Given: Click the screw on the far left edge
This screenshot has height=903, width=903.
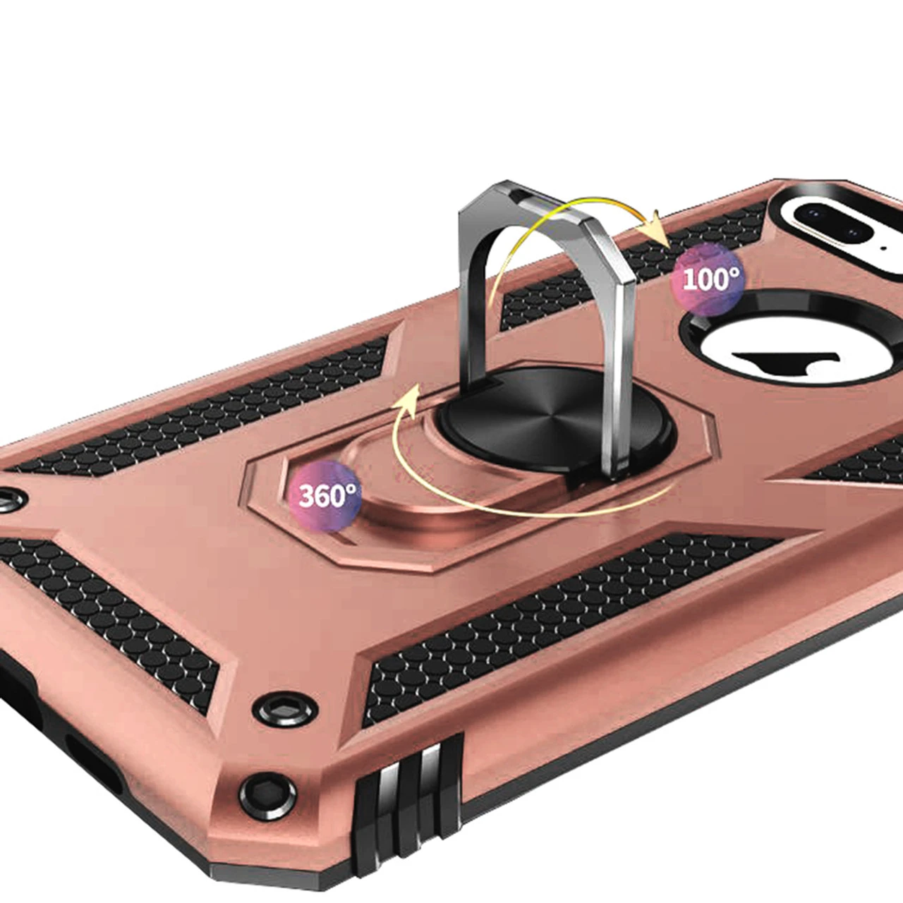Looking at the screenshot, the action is (6, 499).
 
